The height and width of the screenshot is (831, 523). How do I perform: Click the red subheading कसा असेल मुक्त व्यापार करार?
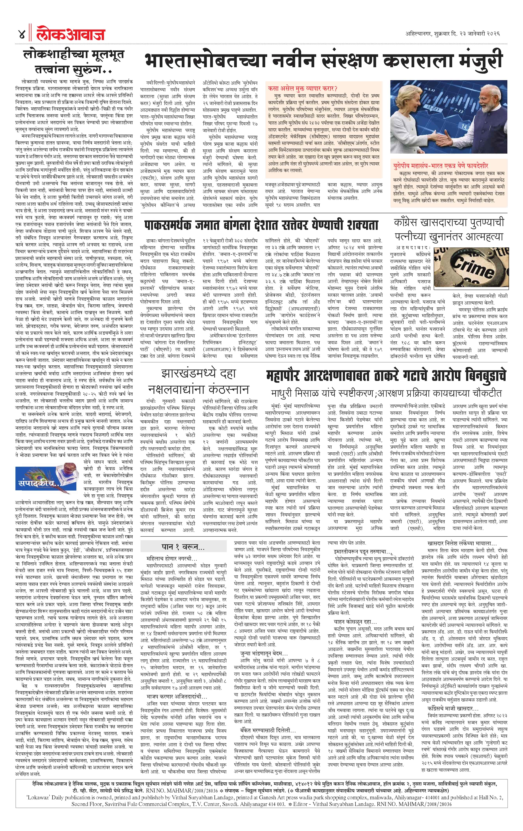303,88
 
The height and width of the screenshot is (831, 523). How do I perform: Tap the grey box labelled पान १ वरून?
183,547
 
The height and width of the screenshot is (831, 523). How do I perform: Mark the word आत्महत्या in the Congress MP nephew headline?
483,237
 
